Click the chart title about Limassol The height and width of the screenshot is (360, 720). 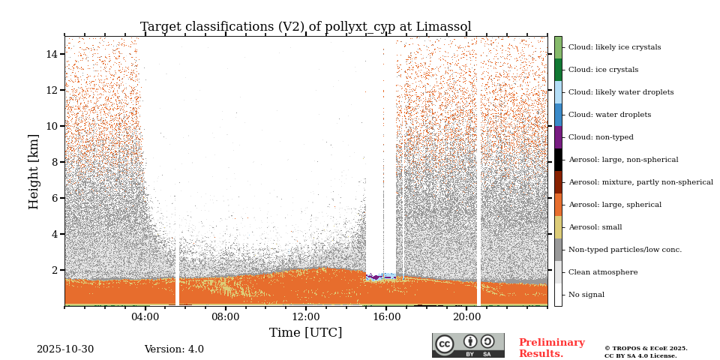click(305, 27)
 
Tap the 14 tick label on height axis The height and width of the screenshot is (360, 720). click(52, 54)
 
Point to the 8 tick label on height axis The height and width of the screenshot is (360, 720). click(55, 162)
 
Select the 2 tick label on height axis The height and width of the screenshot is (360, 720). click(55, 270)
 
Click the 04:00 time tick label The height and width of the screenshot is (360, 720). click(145, 317)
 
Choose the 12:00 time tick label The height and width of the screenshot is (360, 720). click(306, 317)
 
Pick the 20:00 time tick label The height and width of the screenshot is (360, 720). click(466, 317)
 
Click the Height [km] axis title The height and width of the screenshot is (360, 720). click(34, 171)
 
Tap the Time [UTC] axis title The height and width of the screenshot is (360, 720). click(305, 333)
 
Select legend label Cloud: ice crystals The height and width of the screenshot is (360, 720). click(603, 70)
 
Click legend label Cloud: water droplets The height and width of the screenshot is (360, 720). click(609, 115)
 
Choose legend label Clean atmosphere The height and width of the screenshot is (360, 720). click(602, 272)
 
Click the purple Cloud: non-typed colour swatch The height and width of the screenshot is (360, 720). click(558, 137)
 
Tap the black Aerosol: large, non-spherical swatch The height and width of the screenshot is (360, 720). click(558, 160)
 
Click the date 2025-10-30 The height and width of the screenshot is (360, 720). click(65, 349)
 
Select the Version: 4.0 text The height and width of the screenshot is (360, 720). click(174, 349)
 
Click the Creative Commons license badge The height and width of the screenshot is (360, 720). click(468, 345)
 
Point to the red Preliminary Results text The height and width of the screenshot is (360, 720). click(551, 348)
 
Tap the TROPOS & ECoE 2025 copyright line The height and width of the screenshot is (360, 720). click(646, 349)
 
